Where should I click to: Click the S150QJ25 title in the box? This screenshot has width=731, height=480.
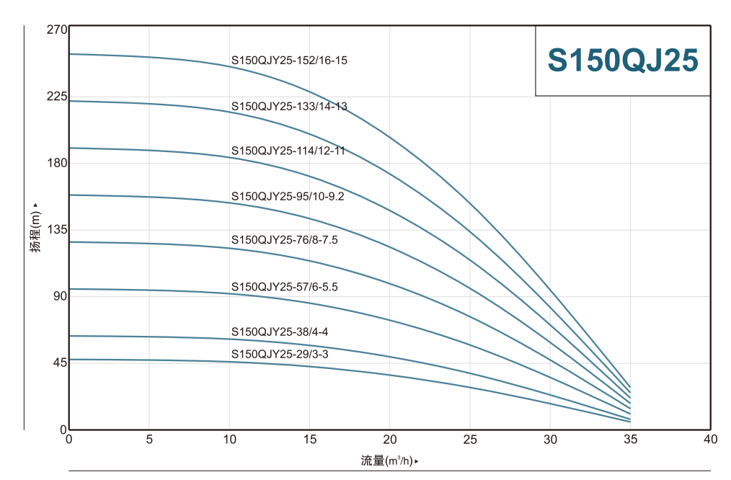coord(623,61)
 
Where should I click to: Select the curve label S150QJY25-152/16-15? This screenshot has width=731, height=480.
coord(289,61)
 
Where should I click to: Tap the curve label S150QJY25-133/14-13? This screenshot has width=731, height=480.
coord(289,106)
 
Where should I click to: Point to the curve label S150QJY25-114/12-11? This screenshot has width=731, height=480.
coord(288,151)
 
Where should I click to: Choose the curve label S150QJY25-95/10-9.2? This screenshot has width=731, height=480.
coord(288,196)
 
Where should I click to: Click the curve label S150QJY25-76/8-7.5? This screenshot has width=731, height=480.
coord(285,240)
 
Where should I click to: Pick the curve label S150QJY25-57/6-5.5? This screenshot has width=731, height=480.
coord(285,287)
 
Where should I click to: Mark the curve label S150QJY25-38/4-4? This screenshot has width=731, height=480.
coord(280,332)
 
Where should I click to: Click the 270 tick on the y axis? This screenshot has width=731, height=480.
coord(57,30)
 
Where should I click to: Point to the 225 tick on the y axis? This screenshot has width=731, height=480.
coord(57,97)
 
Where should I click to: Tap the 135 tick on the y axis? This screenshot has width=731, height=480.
coord(57,229)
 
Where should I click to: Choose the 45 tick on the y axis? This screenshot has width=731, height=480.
coord(59,363)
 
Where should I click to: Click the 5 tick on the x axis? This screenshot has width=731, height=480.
coord(149,439)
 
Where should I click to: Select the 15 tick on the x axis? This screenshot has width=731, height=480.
coord(309,439)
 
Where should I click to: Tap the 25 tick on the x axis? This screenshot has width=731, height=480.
coord(470,439)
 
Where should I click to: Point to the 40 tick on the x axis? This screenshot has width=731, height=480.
coord(710,439)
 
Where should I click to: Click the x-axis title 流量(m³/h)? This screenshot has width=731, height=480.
coord(388,461)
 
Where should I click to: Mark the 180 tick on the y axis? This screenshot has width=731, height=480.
coord(57,163)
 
